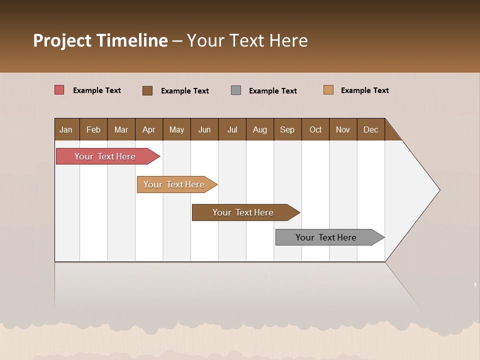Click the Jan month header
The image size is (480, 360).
(66, 129)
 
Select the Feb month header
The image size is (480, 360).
(93, 129)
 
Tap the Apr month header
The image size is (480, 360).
(149, 129)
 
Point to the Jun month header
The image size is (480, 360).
(204, 129)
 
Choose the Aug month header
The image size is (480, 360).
(260, 129)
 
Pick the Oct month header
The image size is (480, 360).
(315, 129)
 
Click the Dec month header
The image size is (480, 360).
(371, 129)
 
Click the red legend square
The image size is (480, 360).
(59, 90)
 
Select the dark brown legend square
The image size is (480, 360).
(147, 90)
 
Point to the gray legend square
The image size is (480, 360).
(236, 90)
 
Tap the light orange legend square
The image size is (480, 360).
(328, 90)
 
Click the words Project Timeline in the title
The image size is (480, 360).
(100, 40)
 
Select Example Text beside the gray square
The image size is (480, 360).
(273, 91)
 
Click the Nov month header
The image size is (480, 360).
(343, 129)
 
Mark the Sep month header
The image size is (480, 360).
(287, 129)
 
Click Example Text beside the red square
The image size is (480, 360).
(97, 90)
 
